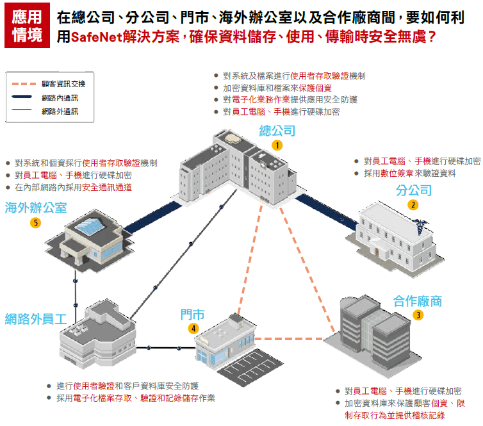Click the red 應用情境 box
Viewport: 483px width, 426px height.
coord(28,26)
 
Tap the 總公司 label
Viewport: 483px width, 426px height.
coord(277,131)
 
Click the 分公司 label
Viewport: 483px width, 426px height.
coord(413,190)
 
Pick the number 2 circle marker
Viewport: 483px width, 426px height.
coord(413,205)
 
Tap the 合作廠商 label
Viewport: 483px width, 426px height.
coord(418,301)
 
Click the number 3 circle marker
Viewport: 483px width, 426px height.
coord(418,315)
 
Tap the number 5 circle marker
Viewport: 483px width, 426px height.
coord(36,223)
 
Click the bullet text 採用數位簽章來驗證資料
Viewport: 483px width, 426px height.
coord(410,173)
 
